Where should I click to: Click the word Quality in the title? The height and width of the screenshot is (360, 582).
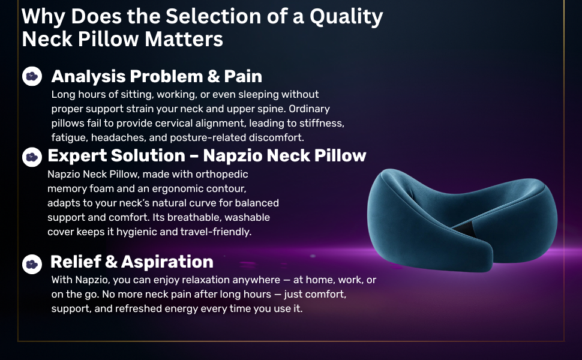pos(346,17)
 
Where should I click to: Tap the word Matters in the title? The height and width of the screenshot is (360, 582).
pos(184,39)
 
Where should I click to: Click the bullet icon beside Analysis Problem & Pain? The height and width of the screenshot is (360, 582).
pos(32,76)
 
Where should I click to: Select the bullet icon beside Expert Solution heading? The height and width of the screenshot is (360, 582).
pos(32,157)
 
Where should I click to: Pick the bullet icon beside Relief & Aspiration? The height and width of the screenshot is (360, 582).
pos(32,264)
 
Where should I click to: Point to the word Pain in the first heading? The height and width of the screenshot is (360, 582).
pos(243,76)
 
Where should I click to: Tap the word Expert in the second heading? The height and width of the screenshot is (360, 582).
pos(77,156)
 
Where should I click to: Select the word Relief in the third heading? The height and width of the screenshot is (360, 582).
pos(76,262)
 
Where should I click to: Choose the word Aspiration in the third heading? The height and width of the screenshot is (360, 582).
pos(167,262)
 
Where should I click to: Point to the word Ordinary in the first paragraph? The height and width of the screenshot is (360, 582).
pos(309,109)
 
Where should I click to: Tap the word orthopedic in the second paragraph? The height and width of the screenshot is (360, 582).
pos(222,175)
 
